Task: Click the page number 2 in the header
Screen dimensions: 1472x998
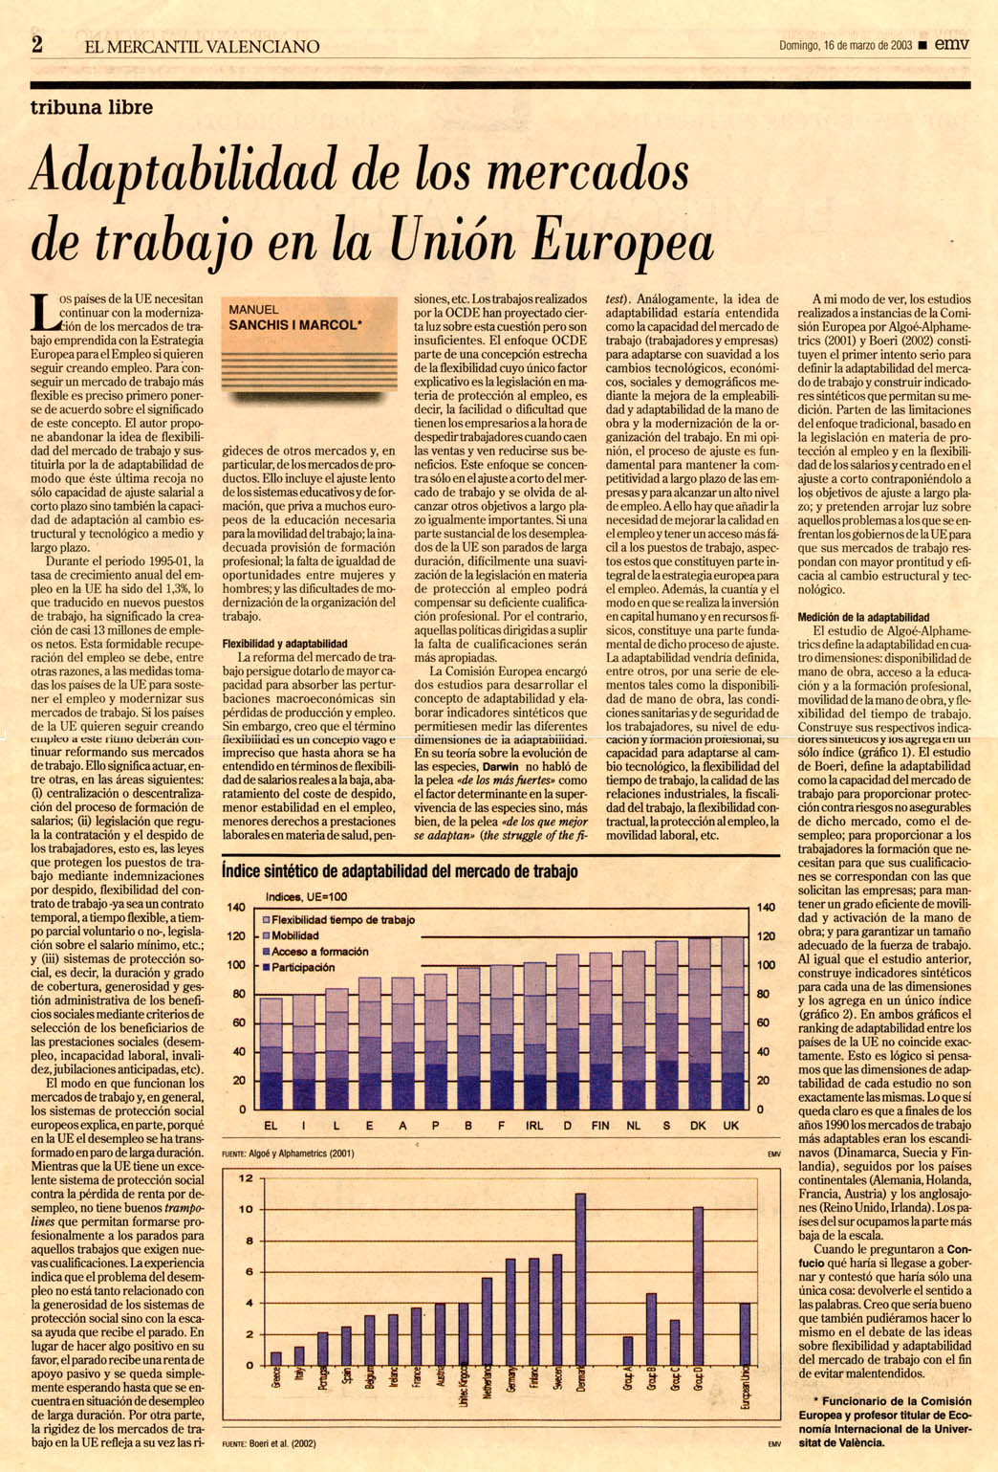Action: [37, 44]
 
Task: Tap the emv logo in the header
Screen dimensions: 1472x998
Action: [952, 44]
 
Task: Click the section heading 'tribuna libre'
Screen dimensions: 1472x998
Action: [92, 107]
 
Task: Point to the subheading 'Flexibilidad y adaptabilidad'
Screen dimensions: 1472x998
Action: [285, 644]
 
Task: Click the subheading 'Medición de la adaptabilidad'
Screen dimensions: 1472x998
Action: [863, 618]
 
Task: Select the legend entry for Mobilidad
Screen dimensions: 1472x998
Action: [295, 935]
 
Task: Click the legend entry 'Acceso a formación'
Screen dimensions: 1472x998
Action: [319, 952]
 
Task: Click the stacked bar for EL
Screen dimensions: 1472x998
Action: [271, 1052]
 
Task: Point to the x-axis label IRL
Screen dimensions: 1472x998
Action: [534, 1126]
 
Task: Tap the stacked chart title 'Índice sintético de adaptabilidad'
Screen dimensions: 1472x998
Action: [400, 871]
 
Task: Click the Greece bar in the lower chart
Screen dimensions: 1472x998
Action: [276, 1357]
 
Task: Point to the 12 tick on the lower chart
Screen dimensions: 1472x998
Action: [246, 1178]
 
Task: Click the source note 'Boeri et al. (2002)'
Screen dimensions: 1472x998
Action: [282, 1443]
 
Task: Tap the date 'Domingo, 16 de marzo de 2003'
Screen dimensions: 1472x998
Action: [845, 45]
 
